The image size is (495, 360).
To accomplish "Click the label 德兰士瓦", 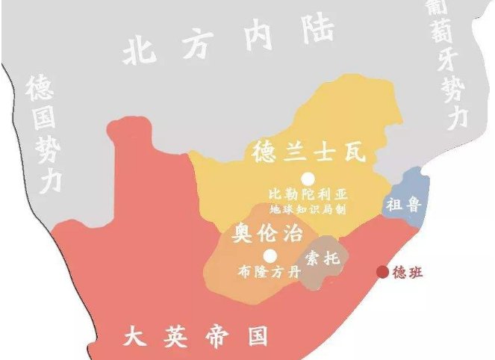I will [307, 152].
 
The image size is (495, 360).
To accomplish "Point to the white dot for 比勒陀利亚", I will [307, 178].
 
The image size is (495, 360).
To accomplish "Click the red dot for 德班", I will [382, 272].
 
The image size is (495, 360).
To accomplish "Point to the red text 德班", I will [408, 273].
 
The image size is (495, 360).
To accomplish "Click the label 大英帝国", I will [195, 337].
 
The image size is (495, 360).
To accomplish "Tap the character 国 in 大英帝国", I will [257, 337].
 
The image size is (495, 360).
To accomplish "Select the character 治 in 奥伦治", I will [293, 234].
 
